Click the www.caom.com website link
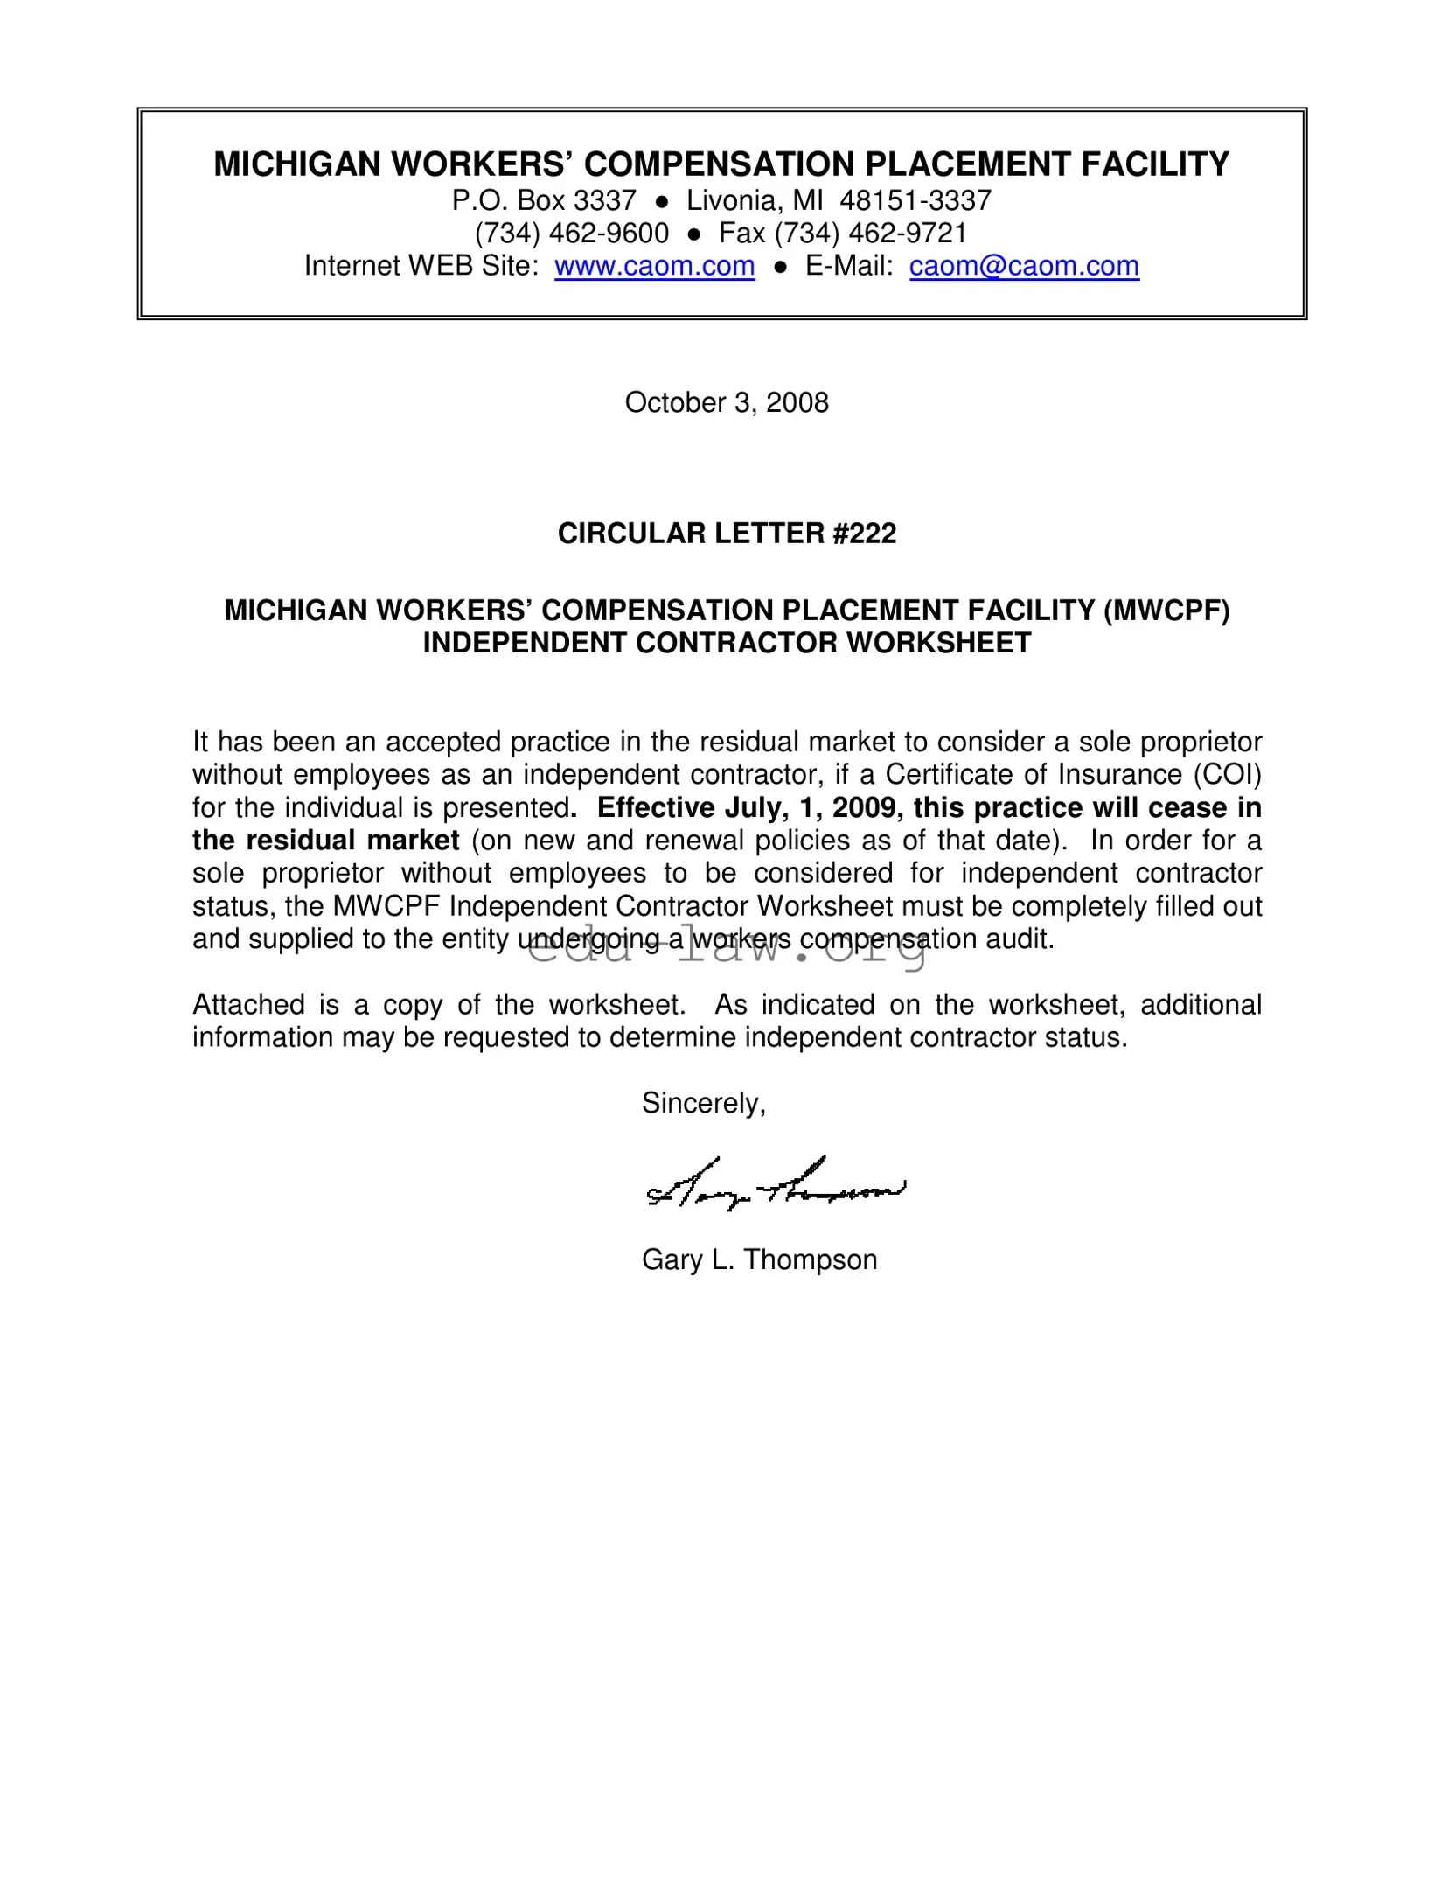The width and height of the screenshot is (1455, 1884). coord(654,266)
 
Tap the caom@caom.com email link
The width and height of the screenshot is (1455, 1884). coord(1024,266)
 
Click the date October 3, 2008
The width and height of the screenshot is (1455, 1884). coord(727,402)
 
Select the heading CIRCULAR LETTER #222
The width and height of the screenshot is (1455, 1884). coord(727,534)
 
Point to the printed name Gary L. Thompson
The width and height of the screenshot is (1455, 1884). coord(759,1259)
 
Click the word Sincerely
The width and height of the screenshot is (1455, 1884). coord(703,1103)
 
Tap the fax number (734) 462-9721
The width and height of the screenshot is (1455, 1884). coord(870,234)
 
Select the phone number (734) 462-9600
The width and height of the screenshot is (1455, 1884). coord(572,234)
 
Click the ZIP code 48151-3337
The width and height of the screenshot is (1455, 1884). coord(915,201)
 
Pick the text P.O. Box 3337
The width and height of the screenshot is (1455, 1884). coord(544,201)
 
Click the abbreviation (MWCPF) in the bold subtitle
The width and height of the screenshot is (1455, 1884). coord(1166,611)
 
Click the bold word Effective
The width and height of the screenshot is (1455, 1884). coord(656,807)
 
